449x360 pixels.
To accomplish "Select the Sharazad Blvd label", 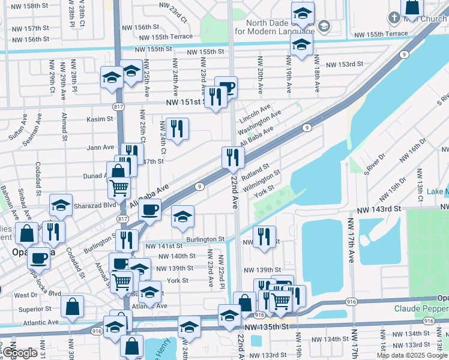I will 88,204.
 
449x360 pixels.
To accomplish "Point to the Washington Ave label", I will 259,122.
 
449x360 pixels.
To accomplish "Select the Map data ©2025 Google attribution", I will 411,355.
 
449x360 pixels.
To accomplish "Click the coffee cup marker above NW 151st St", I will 226,87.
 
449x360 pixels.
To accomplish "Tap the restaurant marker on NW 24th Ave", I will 177,128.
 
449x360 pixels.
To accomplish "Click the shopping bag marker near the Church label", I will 412,7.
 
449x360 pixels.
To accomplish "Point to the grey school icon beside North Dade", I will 324,26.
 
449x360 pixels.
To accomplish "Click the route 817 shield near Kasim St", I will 116,106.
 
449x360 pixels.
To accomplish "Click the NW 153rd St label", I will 344,64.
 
